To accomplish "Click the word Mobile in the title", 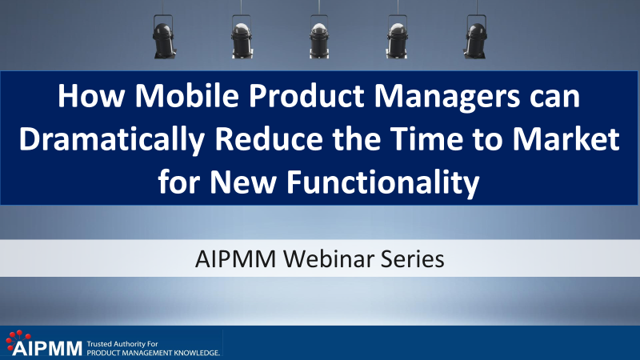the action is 187,96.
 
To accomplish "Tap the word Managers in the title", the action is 447,97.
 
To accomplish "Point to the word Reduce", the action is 269,139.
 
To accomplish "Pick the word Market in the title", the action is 566,139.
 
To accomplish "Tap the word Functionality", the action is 383,183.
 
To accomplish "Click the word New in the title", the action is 243,182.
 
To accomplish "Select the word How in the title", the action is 91,96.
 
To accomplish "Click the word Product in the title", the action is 306,96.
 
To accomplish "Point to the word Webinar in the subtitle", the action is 327,258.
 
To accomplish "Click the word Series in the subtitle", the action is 412,258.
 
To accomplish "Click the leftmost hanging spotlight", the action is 164,37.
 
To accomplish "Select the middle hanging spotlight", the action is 318,37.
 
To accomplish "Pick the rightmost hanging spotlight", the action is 475,37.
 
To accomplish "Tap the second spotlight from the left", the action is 242,37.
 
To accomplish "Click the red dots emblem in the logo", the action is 18,338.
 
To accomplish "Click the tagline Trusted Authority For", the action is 122,344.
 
